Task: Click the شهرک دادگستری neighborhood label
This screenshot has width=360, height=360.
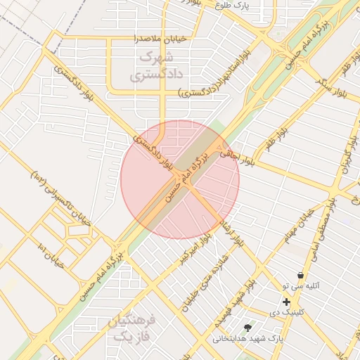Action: (x=156, y=63)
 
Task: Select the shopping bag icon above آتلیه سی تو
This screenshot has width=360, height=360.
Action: (x=301, y=276)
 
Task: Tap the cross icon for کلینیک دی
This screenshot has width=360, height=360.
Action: (x=286, y=302)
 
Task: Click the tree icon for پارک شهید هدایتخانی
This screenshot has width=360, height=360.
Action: (x=247, y=328)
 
